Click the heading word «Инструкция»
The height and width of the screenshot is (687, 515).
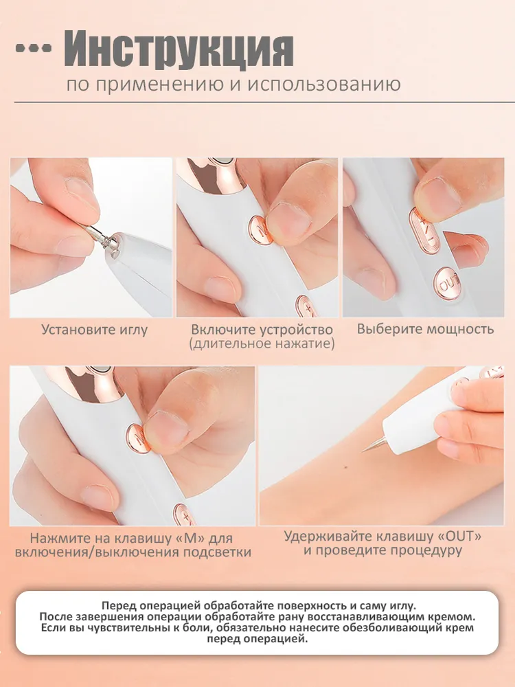tap(179, 49)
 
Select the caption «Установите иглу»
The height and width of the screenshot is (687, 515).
tap(95, 330)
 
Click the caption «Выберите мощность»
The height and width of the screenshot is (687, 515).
tap(425, 328)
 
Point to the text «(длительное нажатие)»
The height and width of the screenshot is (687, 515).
tap(262, 343)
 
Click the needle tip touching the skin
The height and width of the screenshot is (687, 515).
tap(363, 451)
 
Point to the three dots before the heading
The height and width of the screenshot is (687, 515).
tap(33, 48)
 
